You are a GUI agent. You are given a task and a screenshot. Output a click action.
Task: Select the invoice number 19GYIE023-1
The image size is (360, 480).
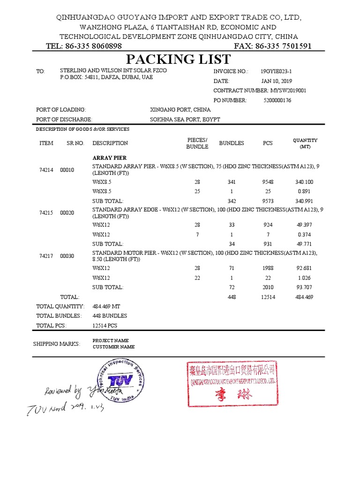[x=278, y=72]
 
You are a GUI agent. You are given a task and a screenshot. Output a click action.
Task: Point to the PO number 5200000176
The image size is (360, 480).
[x=277, y=100]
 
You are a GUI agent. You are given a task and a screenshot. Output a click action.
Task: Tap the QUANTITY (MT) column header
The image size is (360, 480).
[x=305, y=143]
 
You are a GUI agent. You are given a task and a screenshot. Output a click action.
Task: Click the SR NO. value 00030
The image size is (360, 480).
[x=67, y=256]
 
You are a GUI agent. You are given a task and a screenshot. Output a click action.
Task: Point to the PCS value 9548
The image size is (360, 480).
[x=268, y=182]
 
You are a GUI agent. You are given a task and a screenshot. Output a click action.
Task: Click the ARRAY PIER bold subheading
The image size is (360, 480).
[x=110, y=158]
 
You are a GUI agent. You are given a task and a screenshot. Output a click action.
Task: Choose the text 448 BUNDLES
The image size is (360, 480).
[x=110, y=315]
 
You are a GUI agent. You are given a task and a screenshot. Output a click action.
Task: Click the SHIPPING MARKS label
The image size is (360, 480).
[x=57, y=344]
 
